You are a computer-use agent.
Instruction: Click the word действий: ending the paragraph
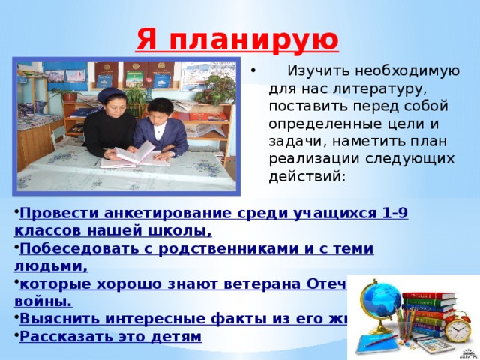307,177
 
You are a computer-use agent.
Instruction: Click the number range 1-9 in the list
394,213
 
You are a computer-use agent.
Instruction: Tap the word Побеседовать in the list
66,248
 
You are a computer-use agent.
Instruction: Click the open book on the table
135,154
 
